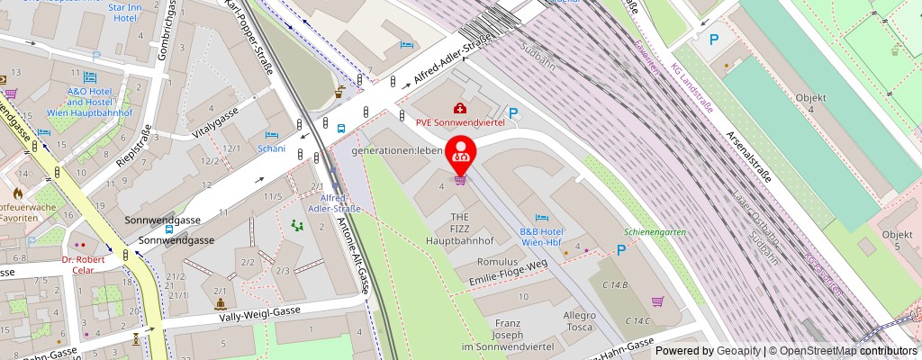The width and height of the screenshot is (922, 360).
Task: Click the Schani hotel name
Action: [x=271, y=148]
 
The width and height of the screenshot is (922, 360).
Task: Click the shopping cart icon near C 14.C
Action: [x=658, y=301]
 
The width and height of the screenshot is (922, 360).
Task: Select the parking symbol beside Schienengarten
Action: [x=621, y=249]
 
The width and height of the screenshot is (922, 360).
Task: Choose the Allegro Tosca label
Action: [x=580, y=321]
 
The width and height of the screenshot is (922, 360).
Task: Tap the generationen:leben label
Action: [x=396, y=150]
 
